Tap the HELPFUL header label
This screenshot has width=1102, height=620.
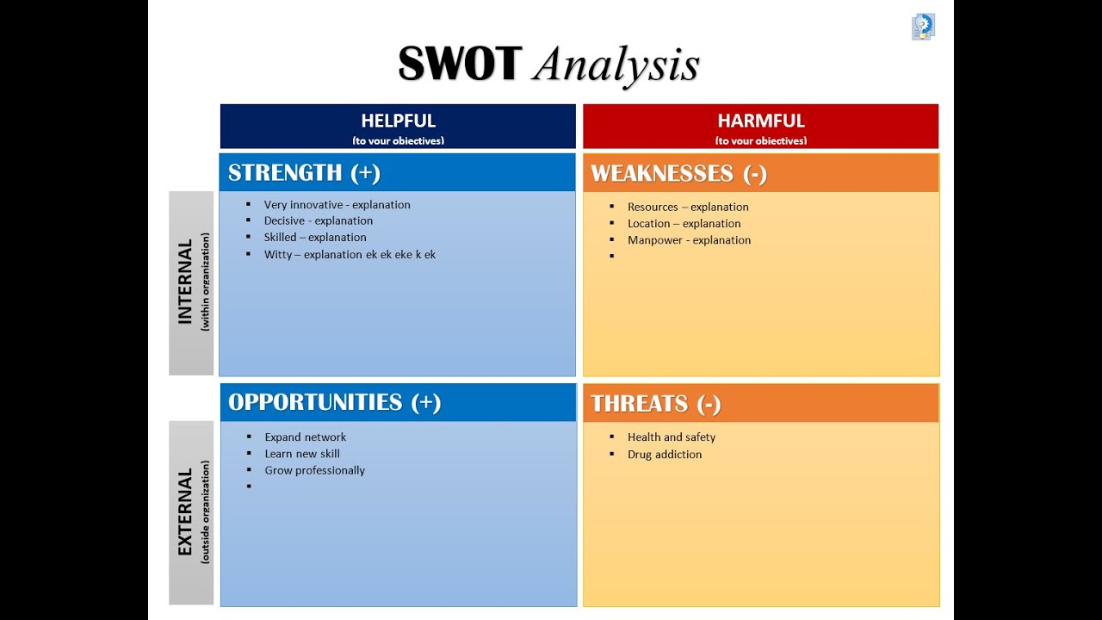398,121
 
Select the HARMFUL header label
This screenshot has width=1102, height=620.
761,121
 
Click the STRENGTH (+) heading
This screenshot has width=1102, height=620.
304,172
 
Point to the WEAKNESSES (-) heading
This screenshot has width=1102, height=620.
678,173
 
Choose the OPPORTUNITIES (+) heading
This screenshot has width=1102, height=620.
334,402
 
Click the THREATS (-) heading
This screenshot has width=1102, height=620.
656,403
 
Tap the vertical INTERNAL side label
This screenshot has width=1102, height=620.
186,282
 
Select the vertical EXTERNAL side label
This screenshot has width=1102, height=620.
186,512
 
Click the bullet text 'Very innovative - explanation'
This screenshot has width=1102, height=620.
337,205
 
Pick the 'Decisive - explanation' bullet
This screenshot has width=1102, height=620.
318,220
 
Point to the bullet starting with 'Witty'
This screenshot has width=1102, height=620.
350,255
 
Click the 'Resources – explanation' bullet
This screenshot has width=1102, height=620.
688,207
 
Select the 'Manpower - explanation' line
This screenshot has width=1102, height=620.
689,240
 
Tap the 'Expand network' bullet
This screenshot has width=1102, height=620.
305,437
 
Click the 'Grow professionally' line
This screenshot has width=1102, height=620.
314,470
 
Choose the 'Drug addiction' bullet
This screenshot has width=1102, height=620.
664,454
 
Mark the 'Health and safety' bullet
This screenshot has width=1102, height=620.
671,437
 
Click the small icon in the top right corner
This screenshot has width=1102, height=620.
923,27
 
